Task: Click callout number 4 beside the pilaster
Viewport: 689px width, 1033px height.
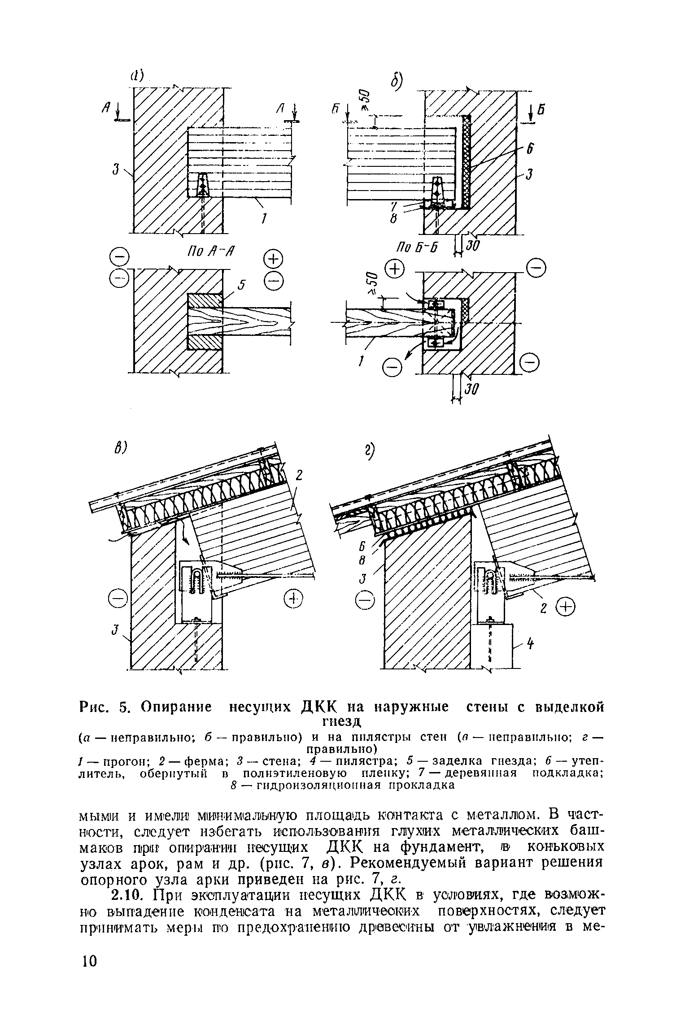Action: point(530,645)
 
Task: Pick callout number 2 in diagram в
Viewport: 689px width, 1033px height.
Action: point(300,476)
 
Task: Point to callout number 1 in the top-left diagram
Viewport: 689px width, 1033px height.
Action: point(265,219)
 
